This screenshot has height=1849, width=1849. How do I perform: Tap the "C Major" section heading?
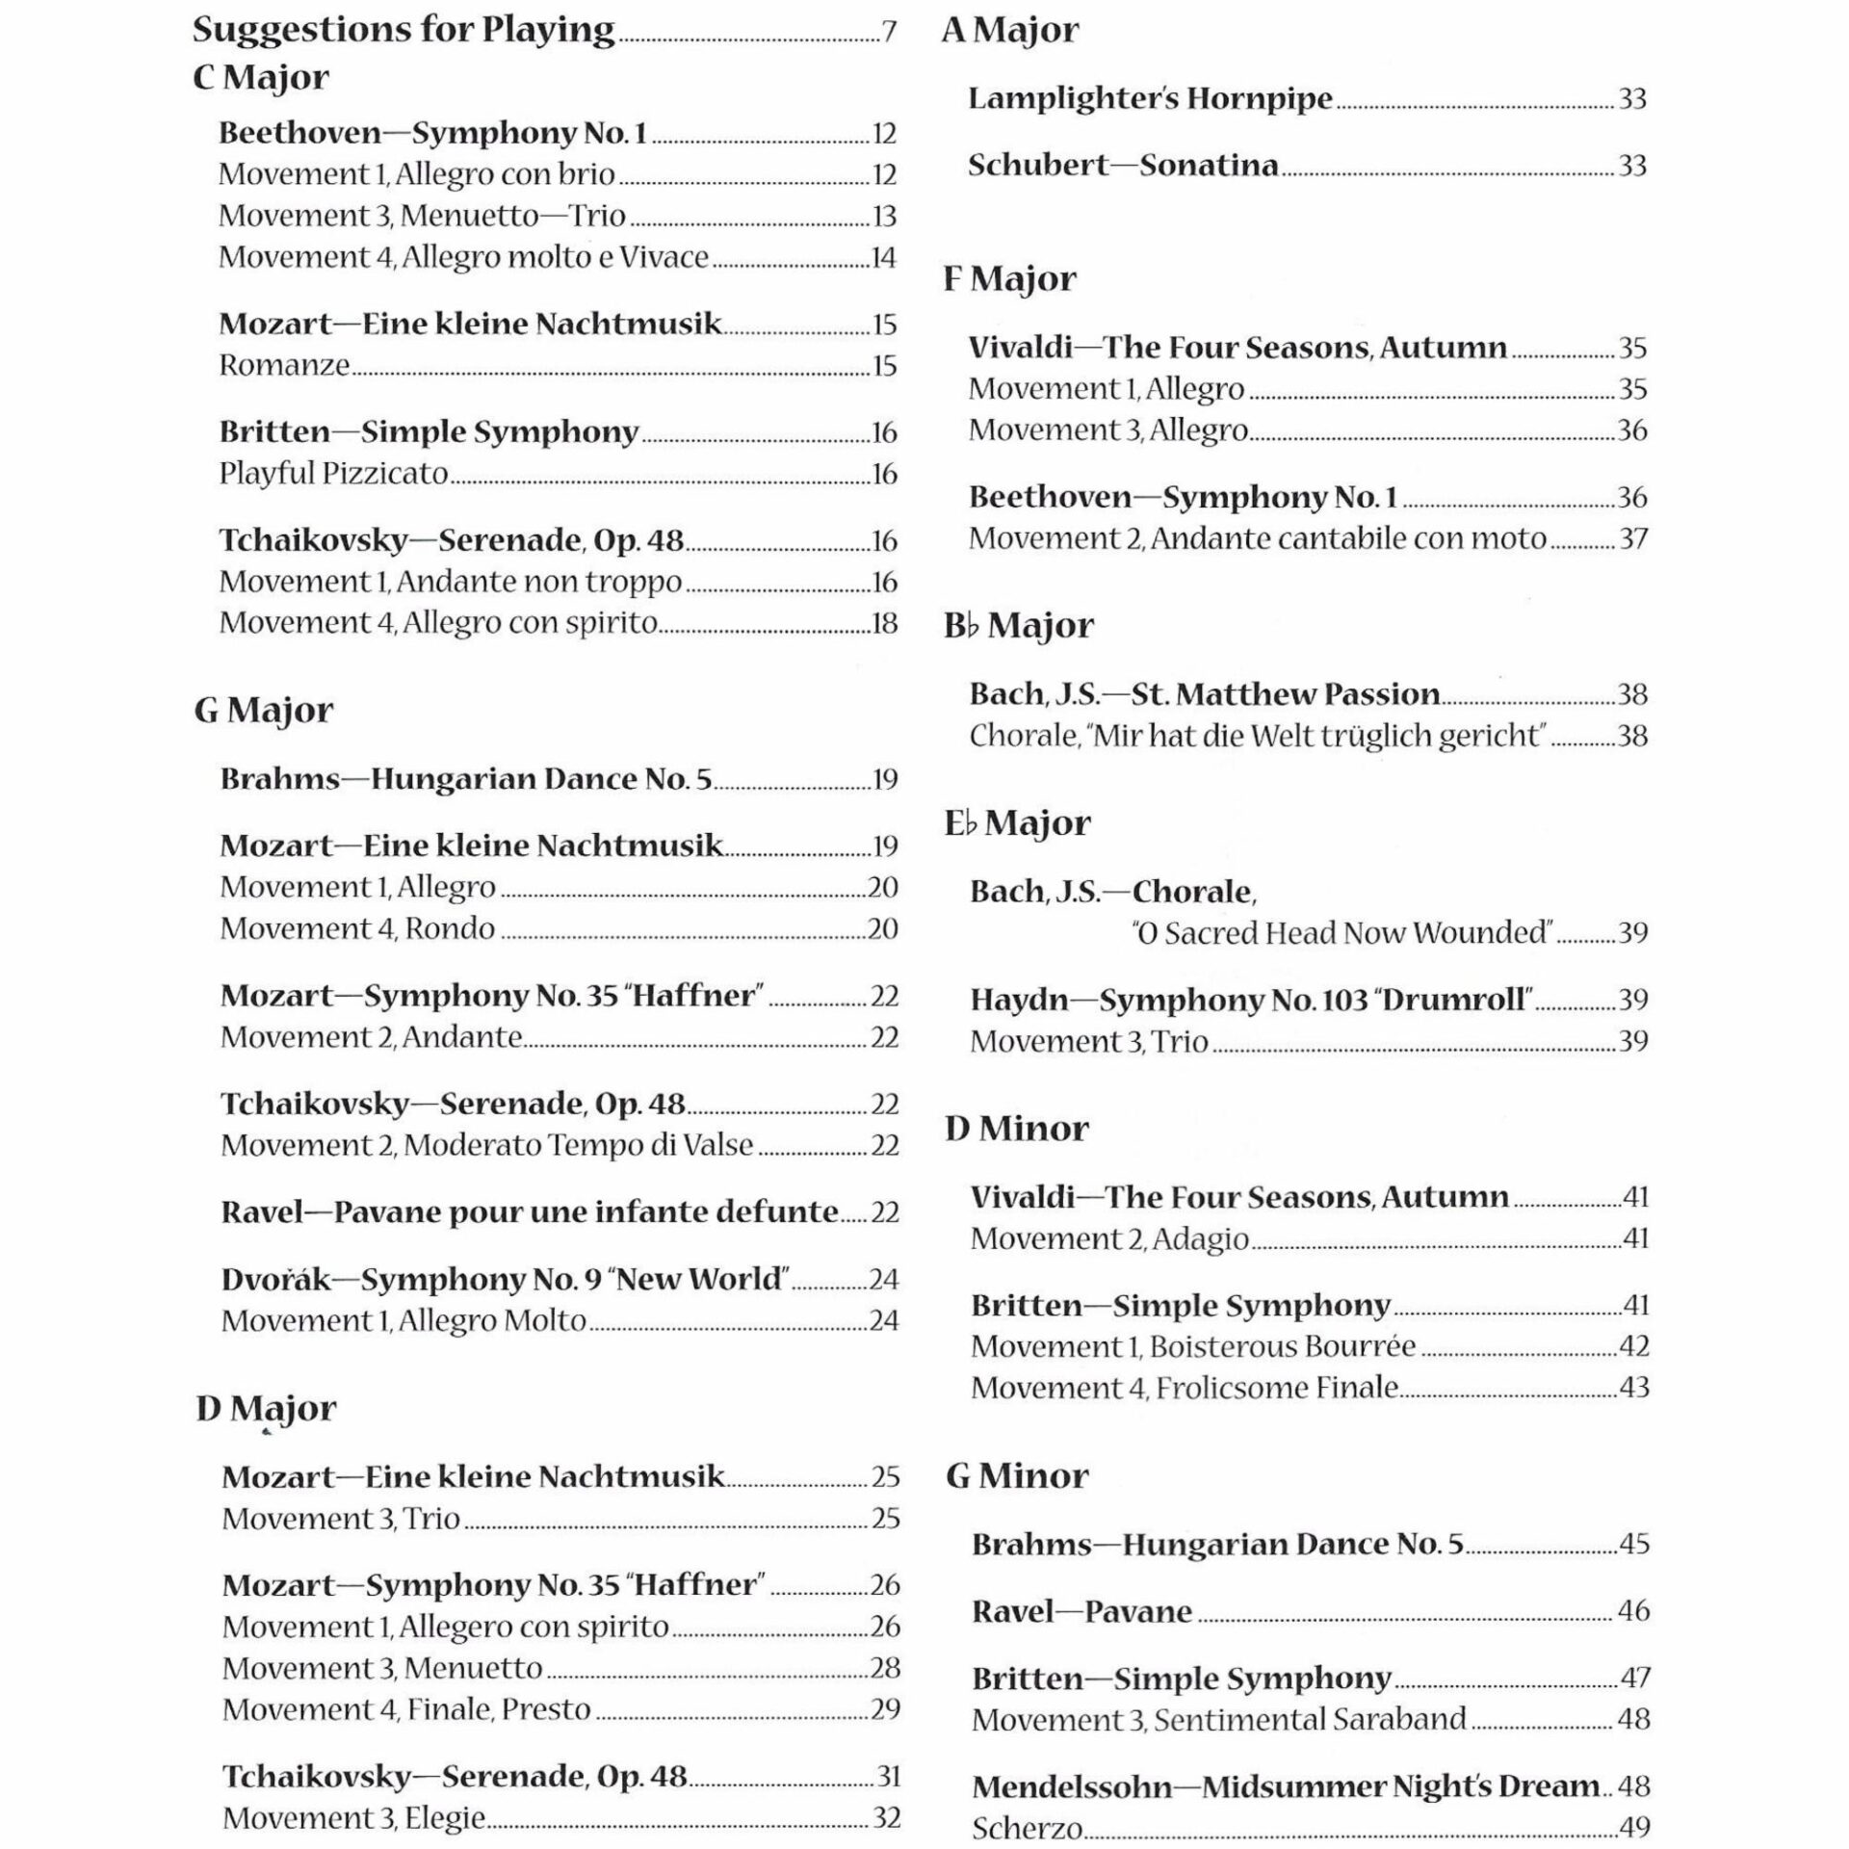coord(261,77)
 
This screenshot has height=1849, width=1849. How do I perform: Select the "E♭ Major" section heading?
coord(1017,822)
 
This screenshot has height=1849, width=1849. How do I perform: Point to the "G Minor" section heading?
coord(1017,1475)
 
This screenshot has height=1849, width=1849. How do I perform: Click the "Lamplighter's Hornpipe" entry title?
coord(1150,98)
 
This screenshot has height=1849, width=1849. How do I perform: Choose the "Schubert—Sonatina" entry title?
coord(1123,166)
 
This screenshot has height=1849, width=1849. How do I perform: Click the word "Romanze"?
coord(284,366)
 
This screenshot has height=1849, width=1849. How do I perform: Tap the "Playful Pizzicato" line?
coord(333,474)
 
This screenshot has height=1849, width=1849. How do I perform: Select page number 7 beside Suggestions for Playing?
coord(889,33)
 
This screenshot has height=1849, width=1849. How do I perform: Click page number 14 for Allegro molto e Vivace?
coord(883,258)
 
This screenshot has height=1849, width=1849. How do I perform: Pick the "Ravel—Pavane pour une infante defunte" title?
coord(530,1211)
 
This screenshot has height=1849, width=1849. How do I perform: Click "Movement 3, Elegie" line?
coord(353,1817)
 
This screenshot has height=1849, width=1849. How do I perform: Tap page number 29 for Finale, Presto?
coord(885,1709)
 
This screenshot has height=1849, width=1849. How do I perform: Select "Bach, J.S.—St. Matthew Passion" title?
coord(1205,694)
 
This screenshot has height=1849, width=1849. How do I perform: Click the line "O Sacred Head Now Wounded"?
coord(1343,933)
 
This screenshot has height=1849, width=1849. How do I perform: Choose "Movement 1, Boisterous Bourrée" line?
coord(1193,1346)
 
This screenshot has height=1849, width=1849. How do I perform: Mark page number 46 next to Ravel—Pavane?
coord(1633,1610)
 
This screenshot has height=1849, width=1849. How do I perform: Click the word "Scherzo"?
coord(1027,1828)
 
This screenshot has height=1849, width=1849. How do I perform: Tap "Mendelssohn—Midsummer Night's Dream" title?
coord(1286,1786)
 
